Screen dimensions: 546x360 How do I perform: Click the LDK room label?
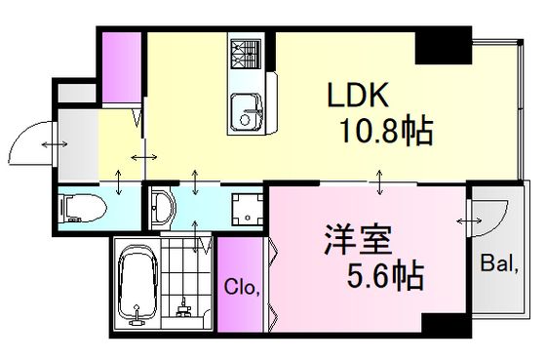(x=358, y=95)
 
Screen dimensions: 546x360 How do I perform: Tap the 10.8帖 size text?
(x=386, y=131)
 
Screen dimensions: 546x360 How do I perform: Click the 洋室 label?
(x=358, y=240)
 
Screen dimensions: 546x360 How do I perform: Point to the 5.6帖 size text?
(x=385, y=277)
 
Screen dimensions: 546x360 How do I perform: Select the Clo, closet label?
(x=242, y=288)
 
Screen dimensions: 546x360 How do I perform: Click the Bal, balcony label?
(x=499, y=263)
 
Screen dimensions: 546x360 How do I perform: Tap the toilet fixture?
(x=83, y=209)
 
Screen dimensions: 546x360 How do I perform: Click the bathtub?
(x=137, y=286)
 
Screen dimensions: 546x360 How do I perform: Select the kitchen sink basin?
(x=247, y=112)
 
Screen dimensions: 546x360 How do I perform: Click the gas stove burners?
(x=246, y=54)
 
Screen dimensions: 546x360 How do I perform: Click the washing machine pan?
(x=248, y=210)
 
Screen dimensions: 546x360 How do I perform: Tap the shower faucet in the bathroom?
(x=183, y=308)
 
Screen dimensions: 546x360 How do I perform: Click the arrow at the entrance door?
(x=55, y=144)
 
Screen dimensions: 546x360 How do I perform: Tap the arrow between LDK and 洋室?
(x=379, y=181)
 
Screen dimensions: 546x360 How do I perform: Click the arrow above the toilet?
(x=119, y=181)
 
